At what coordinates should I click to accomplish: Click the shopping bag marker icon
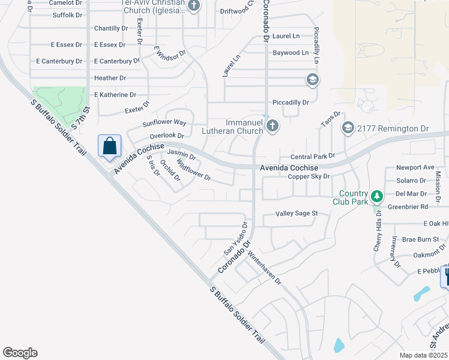point(109,146)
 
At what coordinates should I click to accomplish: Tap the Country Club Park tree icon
point(376,196)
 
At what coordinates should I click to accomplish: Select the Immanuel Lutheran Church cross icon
point(273,126)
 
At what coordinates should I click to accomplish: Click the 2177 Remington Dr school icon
point(348,128)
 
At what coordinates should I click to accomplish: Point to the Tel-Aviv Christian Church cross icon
point(193,7)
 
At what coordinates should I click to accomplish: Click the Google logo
point(20,353)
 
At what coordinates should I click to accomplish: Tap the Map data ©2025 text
point(423,355)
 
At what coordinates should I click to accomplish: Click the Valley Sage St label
point(296,214)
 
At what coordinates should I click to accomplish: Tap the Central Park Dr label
point(312,157)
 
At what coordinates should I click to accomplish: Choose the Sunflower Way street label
point(164,123)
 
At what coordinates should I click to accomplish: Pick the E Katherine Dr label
point(115,95)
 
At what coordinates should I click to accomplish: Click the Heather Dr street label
point(110,78)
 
